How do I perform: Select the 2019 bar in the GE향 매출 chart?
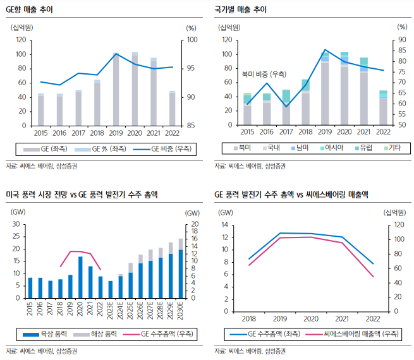pyautogui.click(x=116, y=90)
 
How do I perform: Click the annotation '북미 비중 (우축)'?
pyautogui.click(x=263, y=74)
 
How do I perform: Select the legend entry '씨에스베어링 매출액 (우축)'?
pyautogui.click(x=358, y=333)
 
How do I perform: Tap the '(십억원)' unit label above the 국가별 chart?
pyautogui.click(x=231, y=28)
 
